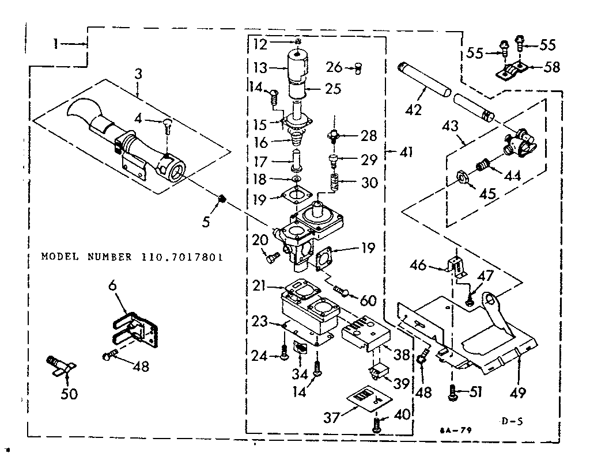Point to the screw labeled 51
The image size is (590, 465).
coord(453,393)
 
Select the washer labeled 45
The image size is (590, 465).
coord(462,176)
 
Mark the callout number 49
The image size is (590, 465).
coord(517,394)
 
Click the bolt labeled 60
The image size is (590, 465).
coord(342,292)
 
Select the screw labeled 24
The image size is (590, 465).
coord(283,355)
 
